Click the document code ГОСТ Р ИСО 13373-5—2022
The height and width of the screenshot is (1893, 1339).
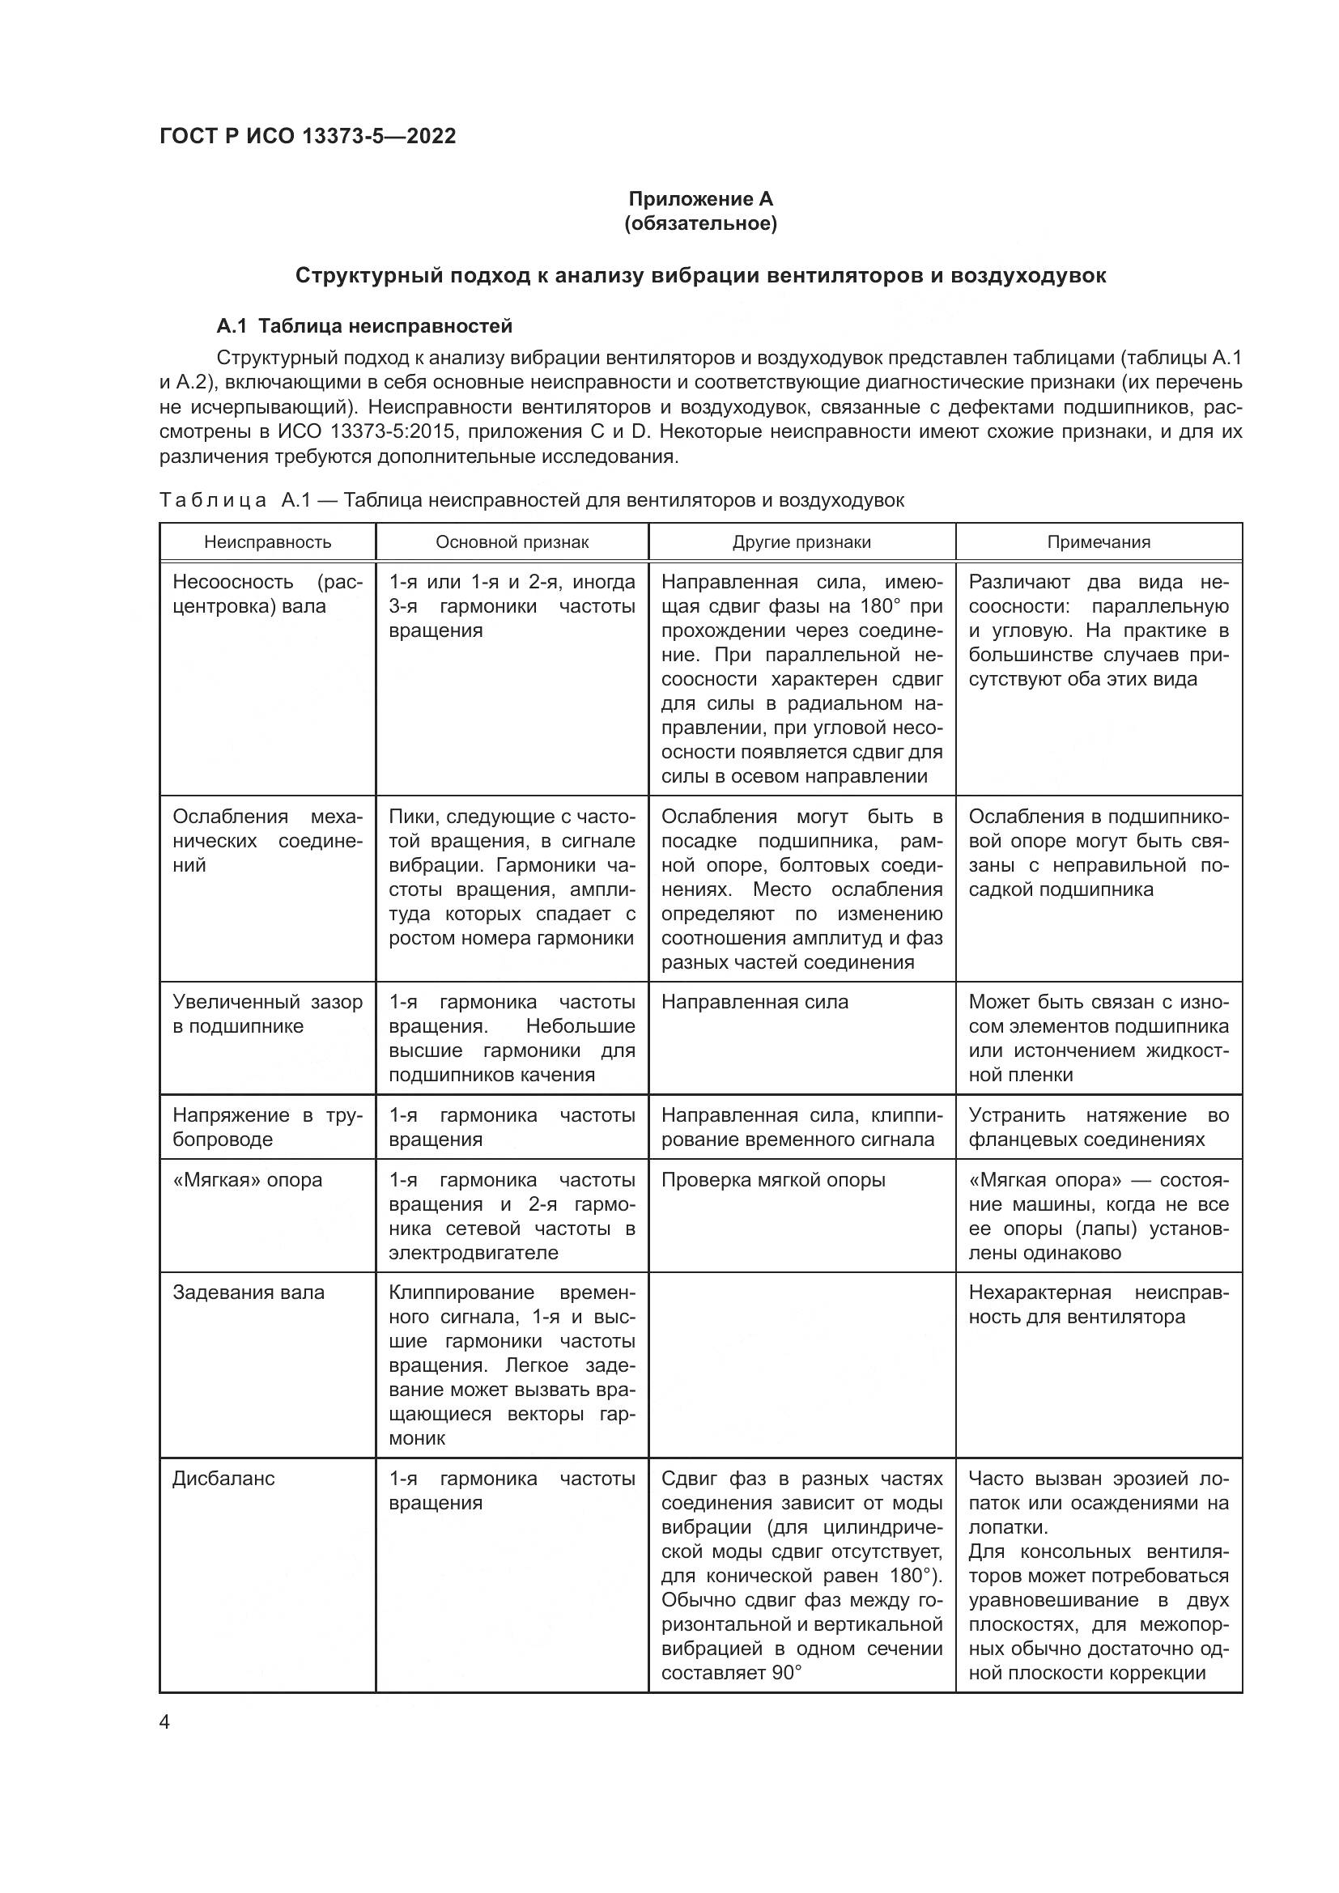coord(307,137)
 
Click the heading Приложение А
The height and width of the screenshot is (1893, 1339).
coord(701,199)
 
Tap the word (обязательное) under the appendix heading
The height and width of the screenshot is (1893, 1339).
coord(701,223)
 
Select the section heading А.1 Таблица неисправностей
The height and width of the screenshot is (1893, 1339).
coord(363,325)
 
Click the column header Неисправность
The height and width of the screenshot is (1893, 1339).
coord(267,541)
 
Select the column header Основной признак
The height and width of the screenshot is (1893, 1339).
coord(512,541)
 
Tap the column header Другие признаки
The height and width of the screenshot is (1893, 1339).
coord(801,541)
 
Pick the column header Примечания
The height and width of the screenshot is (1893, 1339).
coord(1099,541)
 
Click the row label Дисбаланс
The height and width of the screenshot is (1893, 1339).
coord(223,1479)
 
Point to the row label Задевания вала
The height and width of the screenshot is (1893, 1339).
coord(249,1292)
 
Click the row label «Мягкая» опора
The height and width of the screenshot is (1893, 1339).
coord(247,1180)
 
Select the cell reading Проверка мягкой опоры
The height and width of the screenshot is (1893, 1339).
coord(772,1180)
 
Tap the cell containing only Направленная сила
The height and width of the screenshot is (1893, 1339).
coord(754,1002)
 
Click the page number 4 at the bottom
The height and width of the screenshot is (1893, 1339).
coord(164,1722)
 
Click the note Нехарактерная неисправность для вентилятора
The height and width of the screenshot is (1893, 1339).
coord(1099,1305)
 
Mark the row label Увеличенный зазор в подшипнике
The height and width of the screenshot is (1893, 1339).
coord(267,1014)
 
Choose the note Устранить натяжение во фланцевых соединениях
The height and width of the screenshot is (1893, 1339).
coord(1099,1127)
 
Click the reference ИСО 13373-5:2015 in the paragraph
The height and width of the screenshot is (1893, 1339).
coord(369,431)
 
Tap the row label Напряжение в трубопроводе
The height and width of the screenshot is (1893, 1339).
coord(267,1127)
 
